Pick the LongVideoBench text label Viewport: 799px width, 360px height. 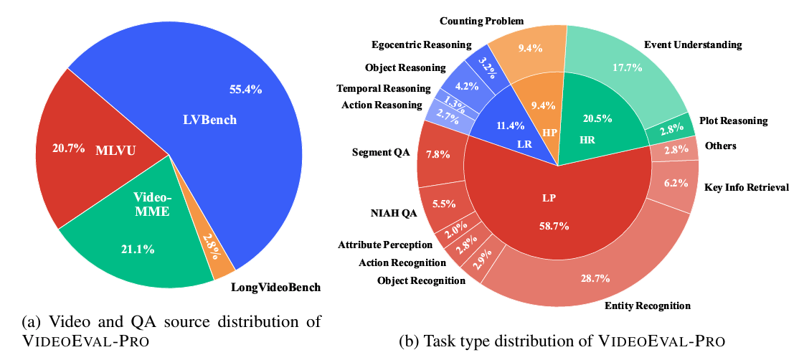[275, 288]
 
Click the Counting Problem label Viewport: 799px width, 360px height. [482, 21]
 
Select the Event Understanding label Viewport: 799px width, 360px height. [692, 44]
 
